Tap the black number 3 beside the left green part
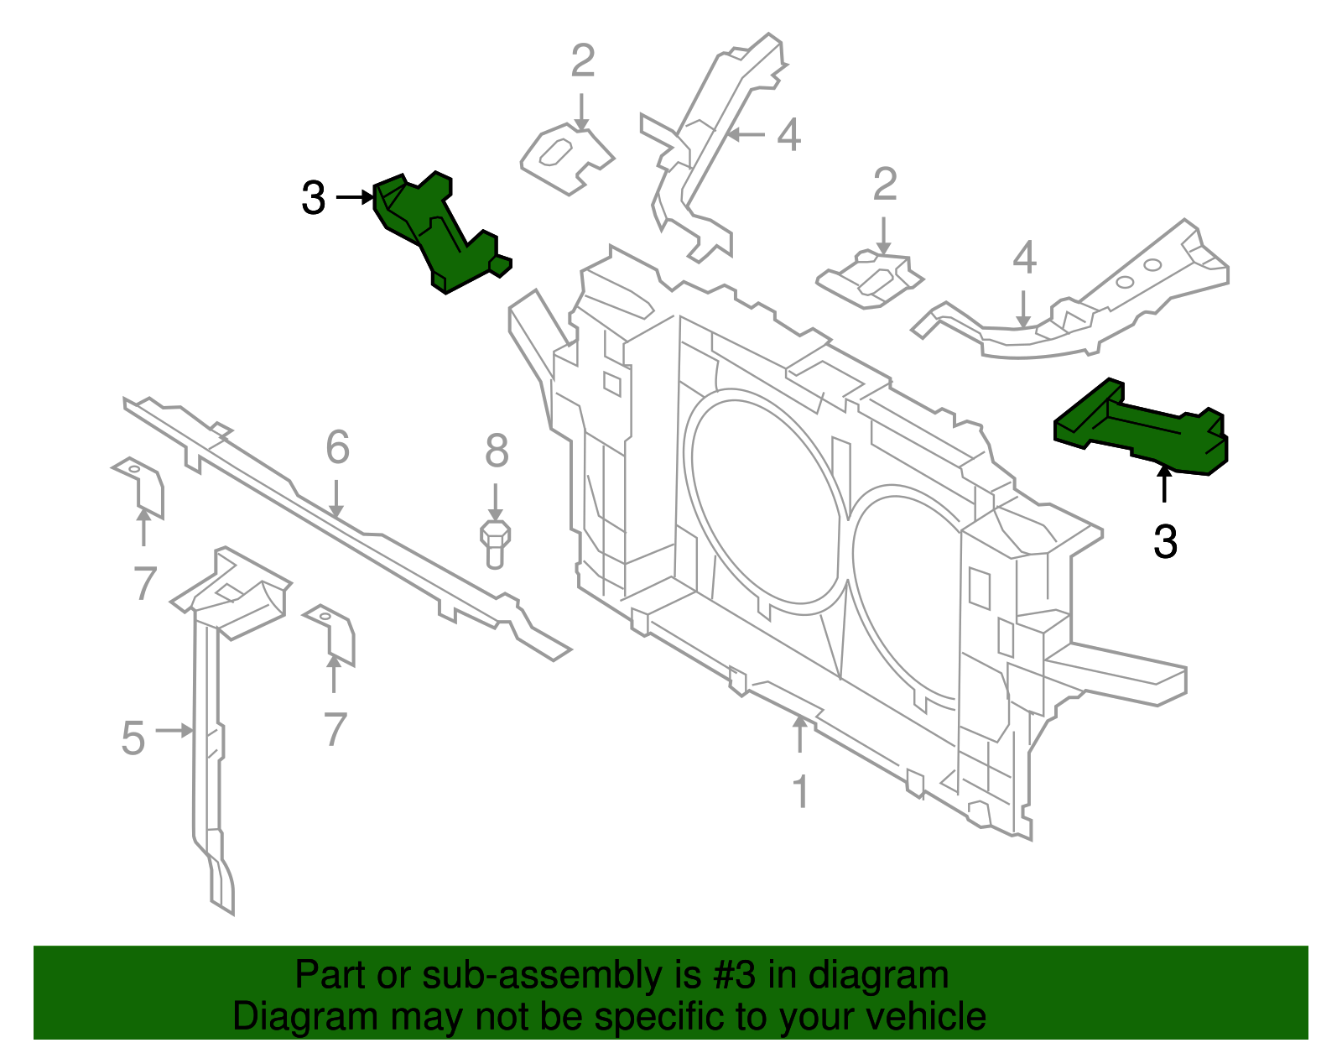pyautogui.click(x=313, y=199)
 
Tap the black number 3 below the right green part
pyautogui.click(x=1165, y=542)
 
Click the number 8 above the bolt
pyautogui.click(x=497, y=451)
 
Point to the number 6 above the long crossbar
pyautogui.click(x=337, y=447)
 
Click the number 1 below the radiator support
pyautogui.click(x=801, y=791)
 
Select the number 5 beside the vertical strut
pyautogui.click(x=133, y=738)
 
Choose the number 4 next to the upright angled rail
pyautogui.click(x=788, y=135)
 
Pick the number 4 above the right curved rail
pyautogui.click(x=1024, y=258)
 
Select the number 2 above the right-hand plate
pyautogui.click(x=885, y=185)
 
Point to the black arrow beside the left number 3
pyautogui.click(x=354, y=197)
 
